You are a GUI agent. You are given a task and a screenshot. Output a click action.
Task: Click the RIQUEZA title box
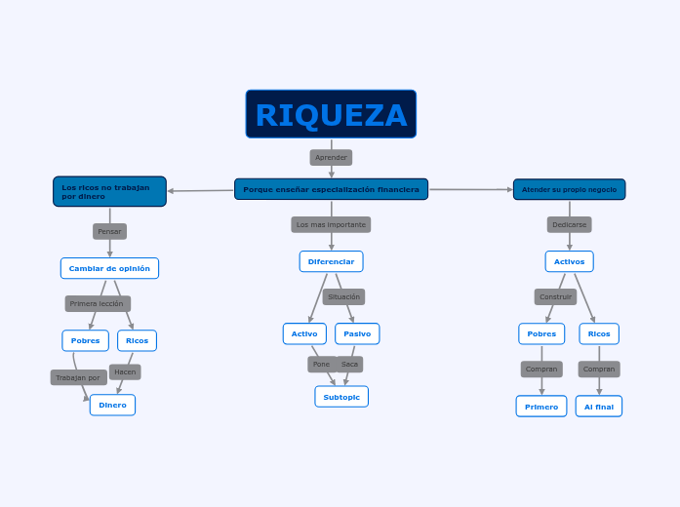point(331,114)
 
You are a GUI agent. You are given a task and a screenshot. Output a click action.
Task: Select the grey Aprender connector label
point(331,157)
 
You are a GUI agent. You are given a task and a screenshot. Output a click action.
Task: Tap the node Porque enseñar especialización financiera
point(331,189)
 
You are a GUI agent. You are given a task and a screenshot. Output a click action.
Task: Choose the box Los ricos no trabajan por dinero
point(109,192)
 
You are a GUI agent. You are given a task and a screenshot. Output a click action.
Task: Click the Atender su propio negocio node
point(569,189)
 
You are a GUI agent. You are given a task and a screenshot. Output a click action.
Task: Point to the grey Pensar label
point(109,231)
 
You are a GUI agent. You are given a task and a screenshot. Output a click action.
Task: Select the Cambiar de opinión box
point(109,268)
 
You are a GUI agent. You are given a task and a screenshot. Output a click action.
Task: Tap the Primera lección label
point(98,303)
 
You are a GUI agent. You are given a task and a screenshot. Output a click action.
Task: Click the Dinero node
point(112,405)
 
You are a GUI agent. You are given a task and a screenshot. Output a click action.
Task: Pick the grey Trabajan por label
point(78,377)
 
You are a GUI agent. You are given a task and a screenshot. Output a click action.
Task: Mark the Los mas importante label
point(331,224)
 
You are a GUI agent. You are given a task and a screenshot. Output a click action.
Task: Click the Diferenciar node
point(331,261)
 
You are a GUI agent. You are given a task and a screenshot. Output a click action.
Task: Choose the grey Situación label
point(343,296)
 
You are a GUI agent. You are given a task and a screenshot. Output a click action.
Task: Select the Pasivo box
point(357,333)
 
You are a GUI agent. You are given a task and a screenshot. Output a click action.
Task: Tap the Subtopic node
point(341,397)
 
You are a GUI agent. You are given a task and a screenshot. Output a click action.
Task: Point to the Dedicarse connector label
point(569,224)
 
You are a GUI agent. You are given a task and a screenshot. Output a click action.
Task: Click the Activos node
point(569,261)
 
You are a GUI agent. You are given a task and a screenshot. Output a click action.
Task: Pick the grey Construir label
point(555,296)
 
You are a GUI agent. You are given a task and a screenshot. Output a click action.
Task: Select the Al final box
point(598,407)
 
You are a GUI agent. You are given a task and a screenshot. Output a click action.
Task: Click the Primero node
point(541,407)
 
